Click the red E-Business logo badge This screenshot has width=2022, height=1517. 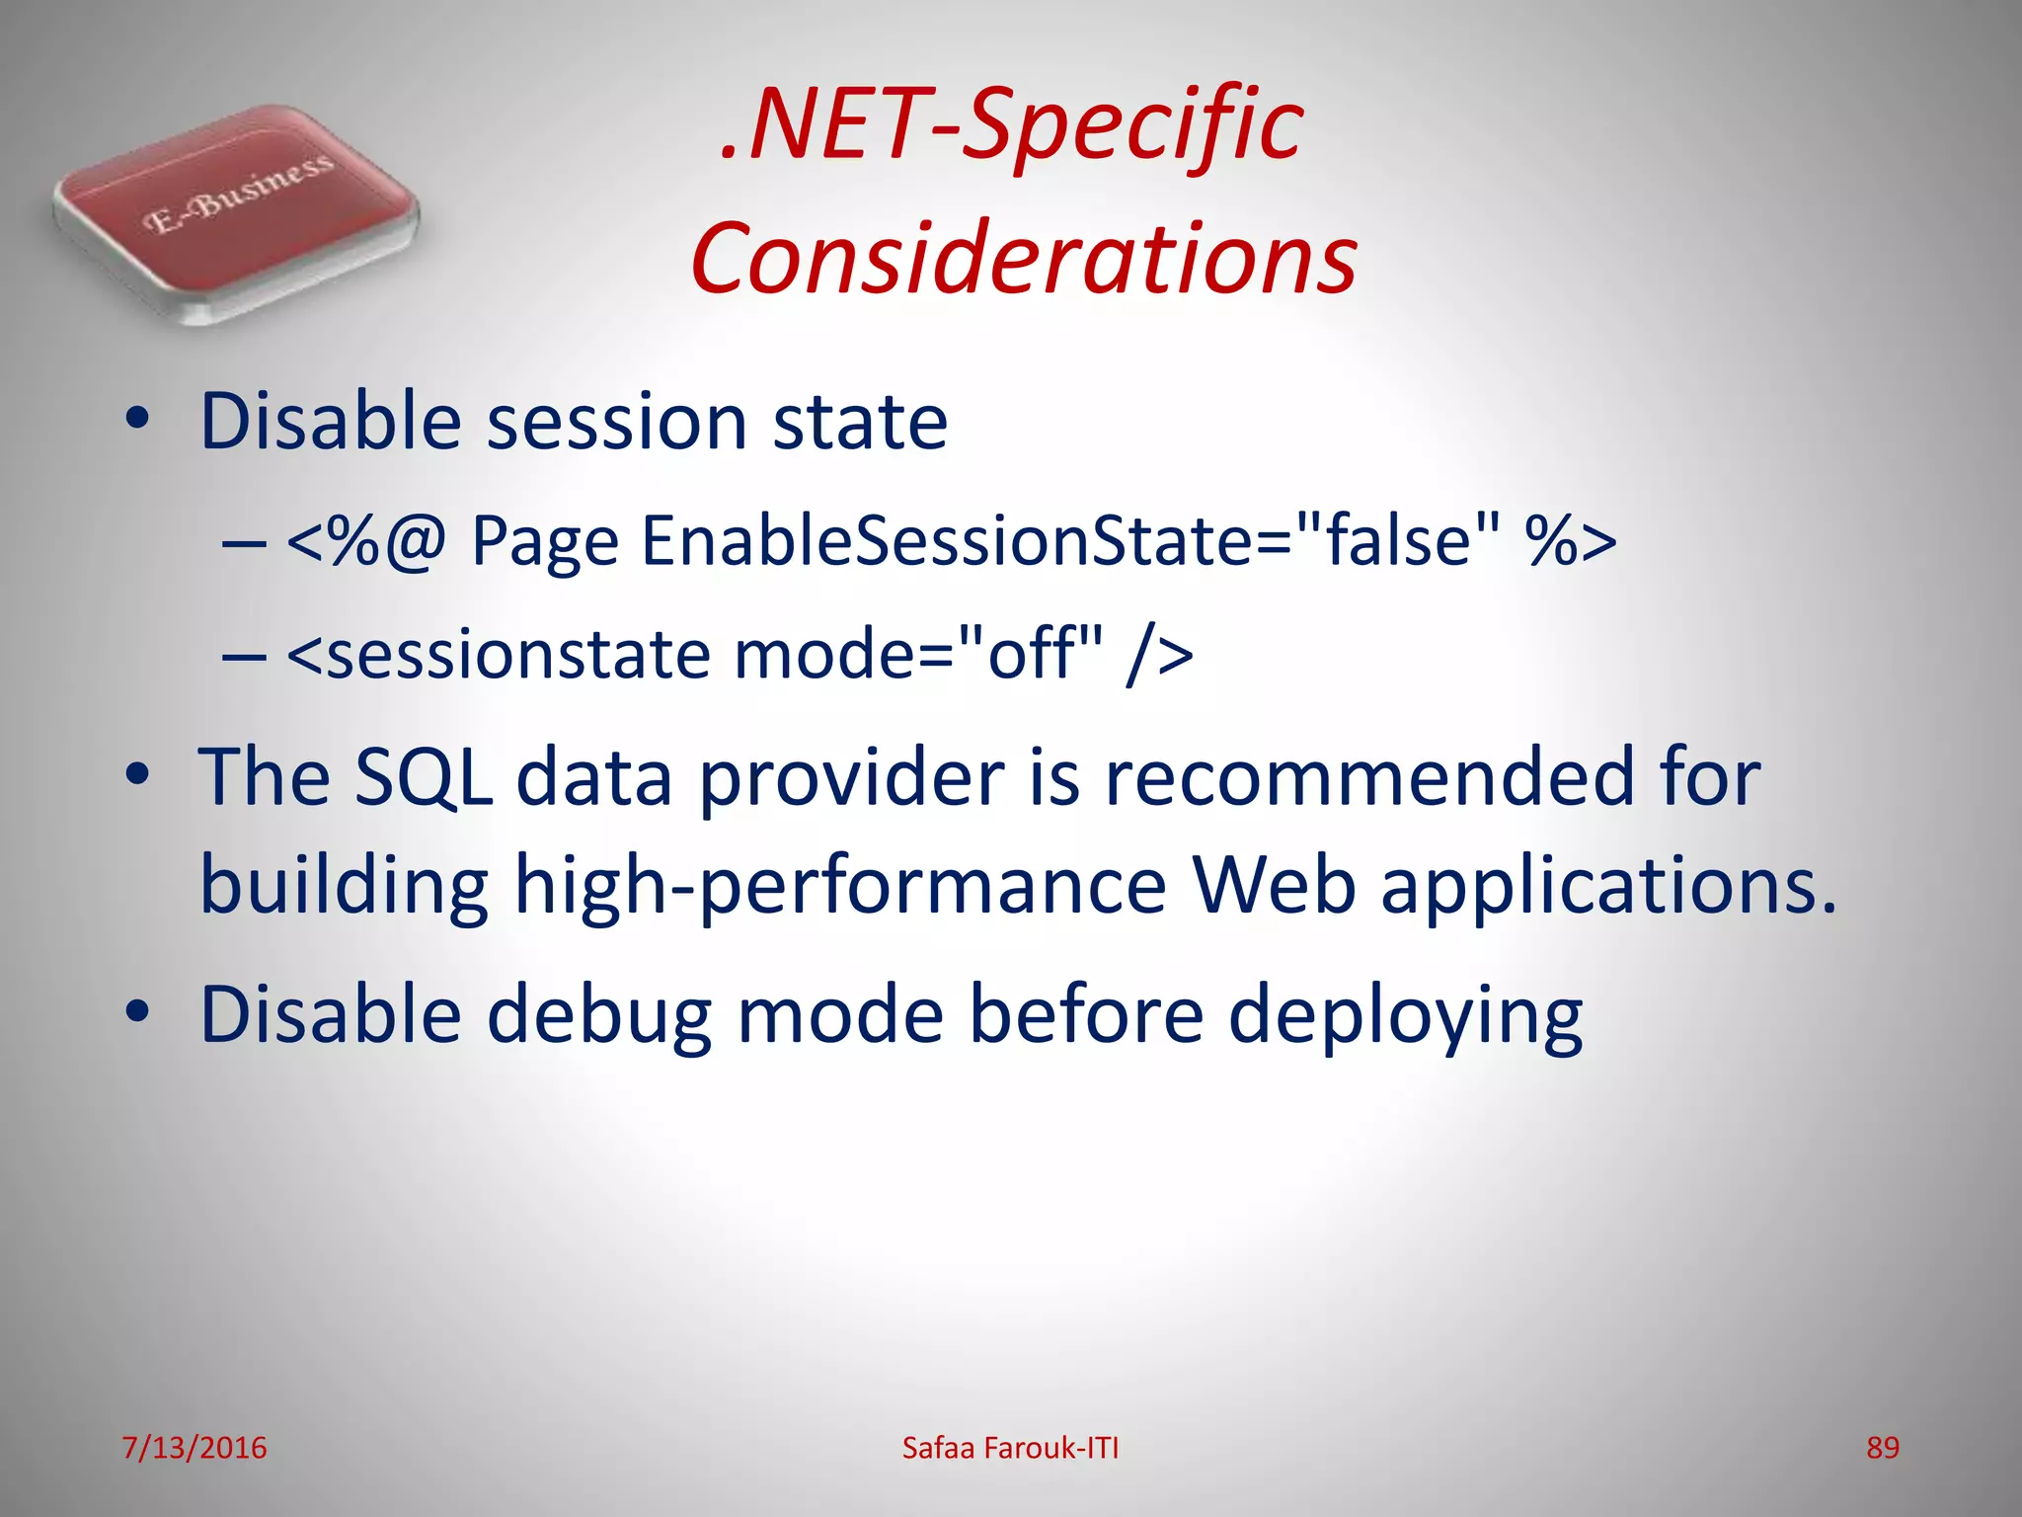click(x=235, y=212)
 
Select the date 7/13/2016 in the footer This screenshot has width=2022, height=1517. click(x=194, y=1448)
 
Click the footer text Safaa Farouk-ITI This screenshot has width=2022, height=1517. click(x=1010, y=1448)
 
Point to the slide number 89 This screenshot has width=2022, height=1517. click(x=1882, y=1448)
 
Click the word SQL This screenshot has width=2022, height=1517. click(x=424, y=777)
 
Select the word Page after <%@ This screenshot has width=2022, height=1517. click(x=545, y=543)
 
